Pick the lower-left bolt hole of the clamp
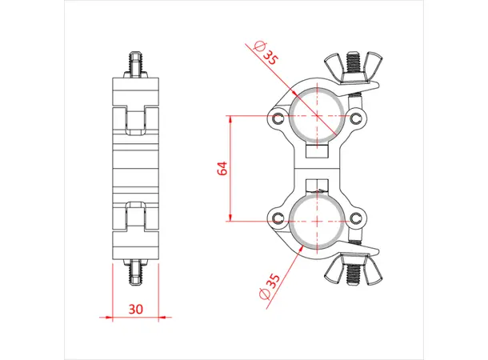(x=277, y=219)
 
